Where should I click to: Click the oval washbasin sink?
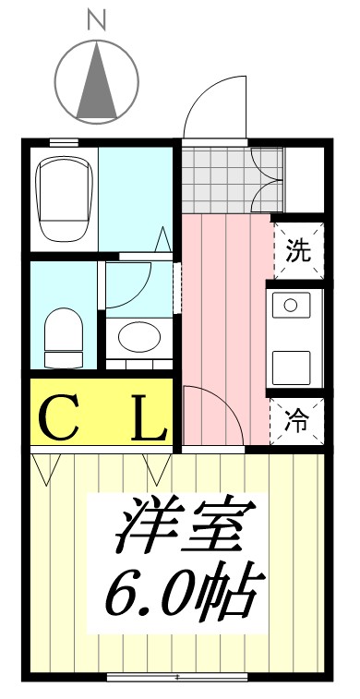click(138, 338)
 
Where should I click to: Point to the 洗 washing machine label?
click(297, 250)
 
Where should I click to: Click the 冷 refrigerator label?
click(297, 423)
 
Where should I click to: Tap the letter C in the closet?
click(60, 418)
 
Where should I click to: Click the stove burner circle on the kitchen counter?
click(290, 305)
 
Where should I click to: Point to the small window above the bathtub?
click(63, 142)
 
